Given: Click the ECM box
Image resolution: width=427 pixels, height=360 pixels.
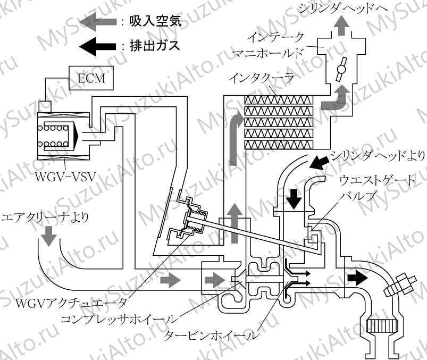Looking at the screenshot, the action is pos(91,78).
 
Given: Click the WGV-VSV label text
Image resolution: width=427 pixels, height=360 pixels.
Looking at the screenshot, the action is pos(65,177).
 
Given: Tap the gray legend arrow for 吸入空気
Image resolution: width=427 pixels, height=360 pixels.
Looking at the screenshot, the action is pos(98,21).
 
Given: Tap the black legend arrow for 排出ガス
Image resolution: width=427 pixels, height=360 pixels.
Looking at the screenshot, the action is pos(98,46).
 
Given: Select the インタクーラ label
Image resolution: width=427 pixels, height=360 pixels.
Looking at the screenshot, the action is pos(262,78).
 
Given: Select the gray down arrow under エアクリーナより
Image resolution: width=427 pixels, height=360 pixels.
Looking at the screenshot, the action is pos(49,236).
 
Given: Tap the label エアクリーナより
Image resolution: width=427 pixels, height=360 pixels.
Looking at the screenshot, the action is pos(45,218).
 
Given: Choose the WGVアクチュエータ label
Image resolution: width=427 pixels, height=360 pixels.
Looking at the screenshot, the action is pos(71,303).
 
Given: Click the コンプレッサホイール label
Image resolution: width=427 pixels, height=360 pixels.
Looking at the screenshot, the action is pos(118,319).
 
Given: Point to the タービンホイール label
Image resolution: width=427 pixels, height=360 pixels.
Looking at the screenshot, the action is pos(211,336).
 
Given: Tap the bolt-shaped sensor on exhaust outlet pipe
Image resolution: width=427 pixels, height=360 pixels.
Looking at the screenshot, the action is pos(400,284).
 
